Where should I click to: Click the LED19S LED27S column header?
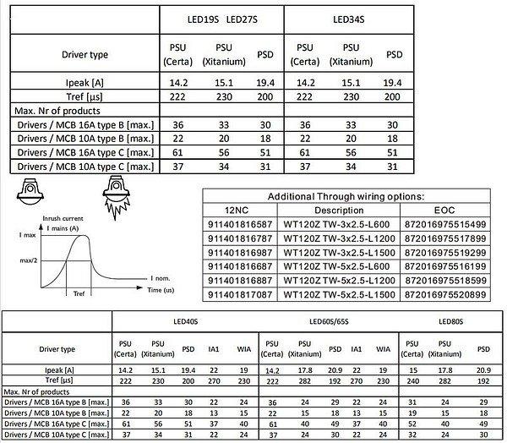[x=221, y=19]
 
